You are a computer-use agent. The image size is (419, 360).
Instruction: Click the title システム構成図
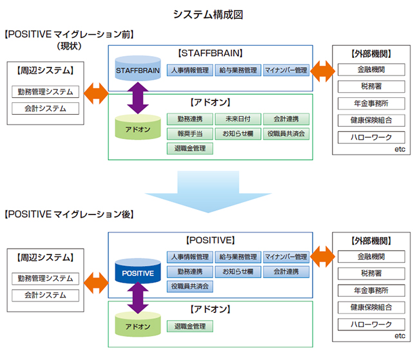tap(209, 14)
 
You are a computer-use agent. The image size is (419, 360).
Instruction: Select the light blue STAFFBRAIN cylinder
tap(138, 69)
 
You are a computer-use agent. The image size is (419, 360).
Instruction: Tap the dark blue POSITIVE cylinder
tap(138, 273)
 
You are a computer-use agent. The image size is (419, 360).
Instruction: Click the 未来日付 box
tap(237, 119)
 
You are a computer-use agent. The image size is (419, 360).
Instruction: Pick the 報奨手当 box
tap(190, 134)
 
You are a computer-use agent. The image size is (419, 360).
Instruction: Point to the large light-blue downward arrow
tap(209, 187)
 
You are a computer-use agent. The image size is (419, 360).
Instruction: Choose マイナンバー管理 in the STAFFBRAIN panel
tap(286, 70)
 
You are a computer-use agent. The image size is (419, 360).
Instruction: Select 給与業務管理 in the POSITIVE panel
tap(237, 257)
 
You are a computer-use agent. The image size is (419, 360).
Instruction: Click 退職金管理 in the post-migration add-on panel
tap(190, 327)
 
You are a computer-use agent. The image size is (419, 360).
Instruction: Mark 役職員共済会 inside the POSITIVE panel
tap(190, 285)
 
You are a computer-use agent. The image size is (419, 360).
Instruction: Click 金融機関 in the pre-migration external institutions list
tap(371, 70)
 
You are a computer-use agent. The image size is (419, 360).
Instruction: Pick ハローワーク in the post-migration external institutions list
tap(371, 324)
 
